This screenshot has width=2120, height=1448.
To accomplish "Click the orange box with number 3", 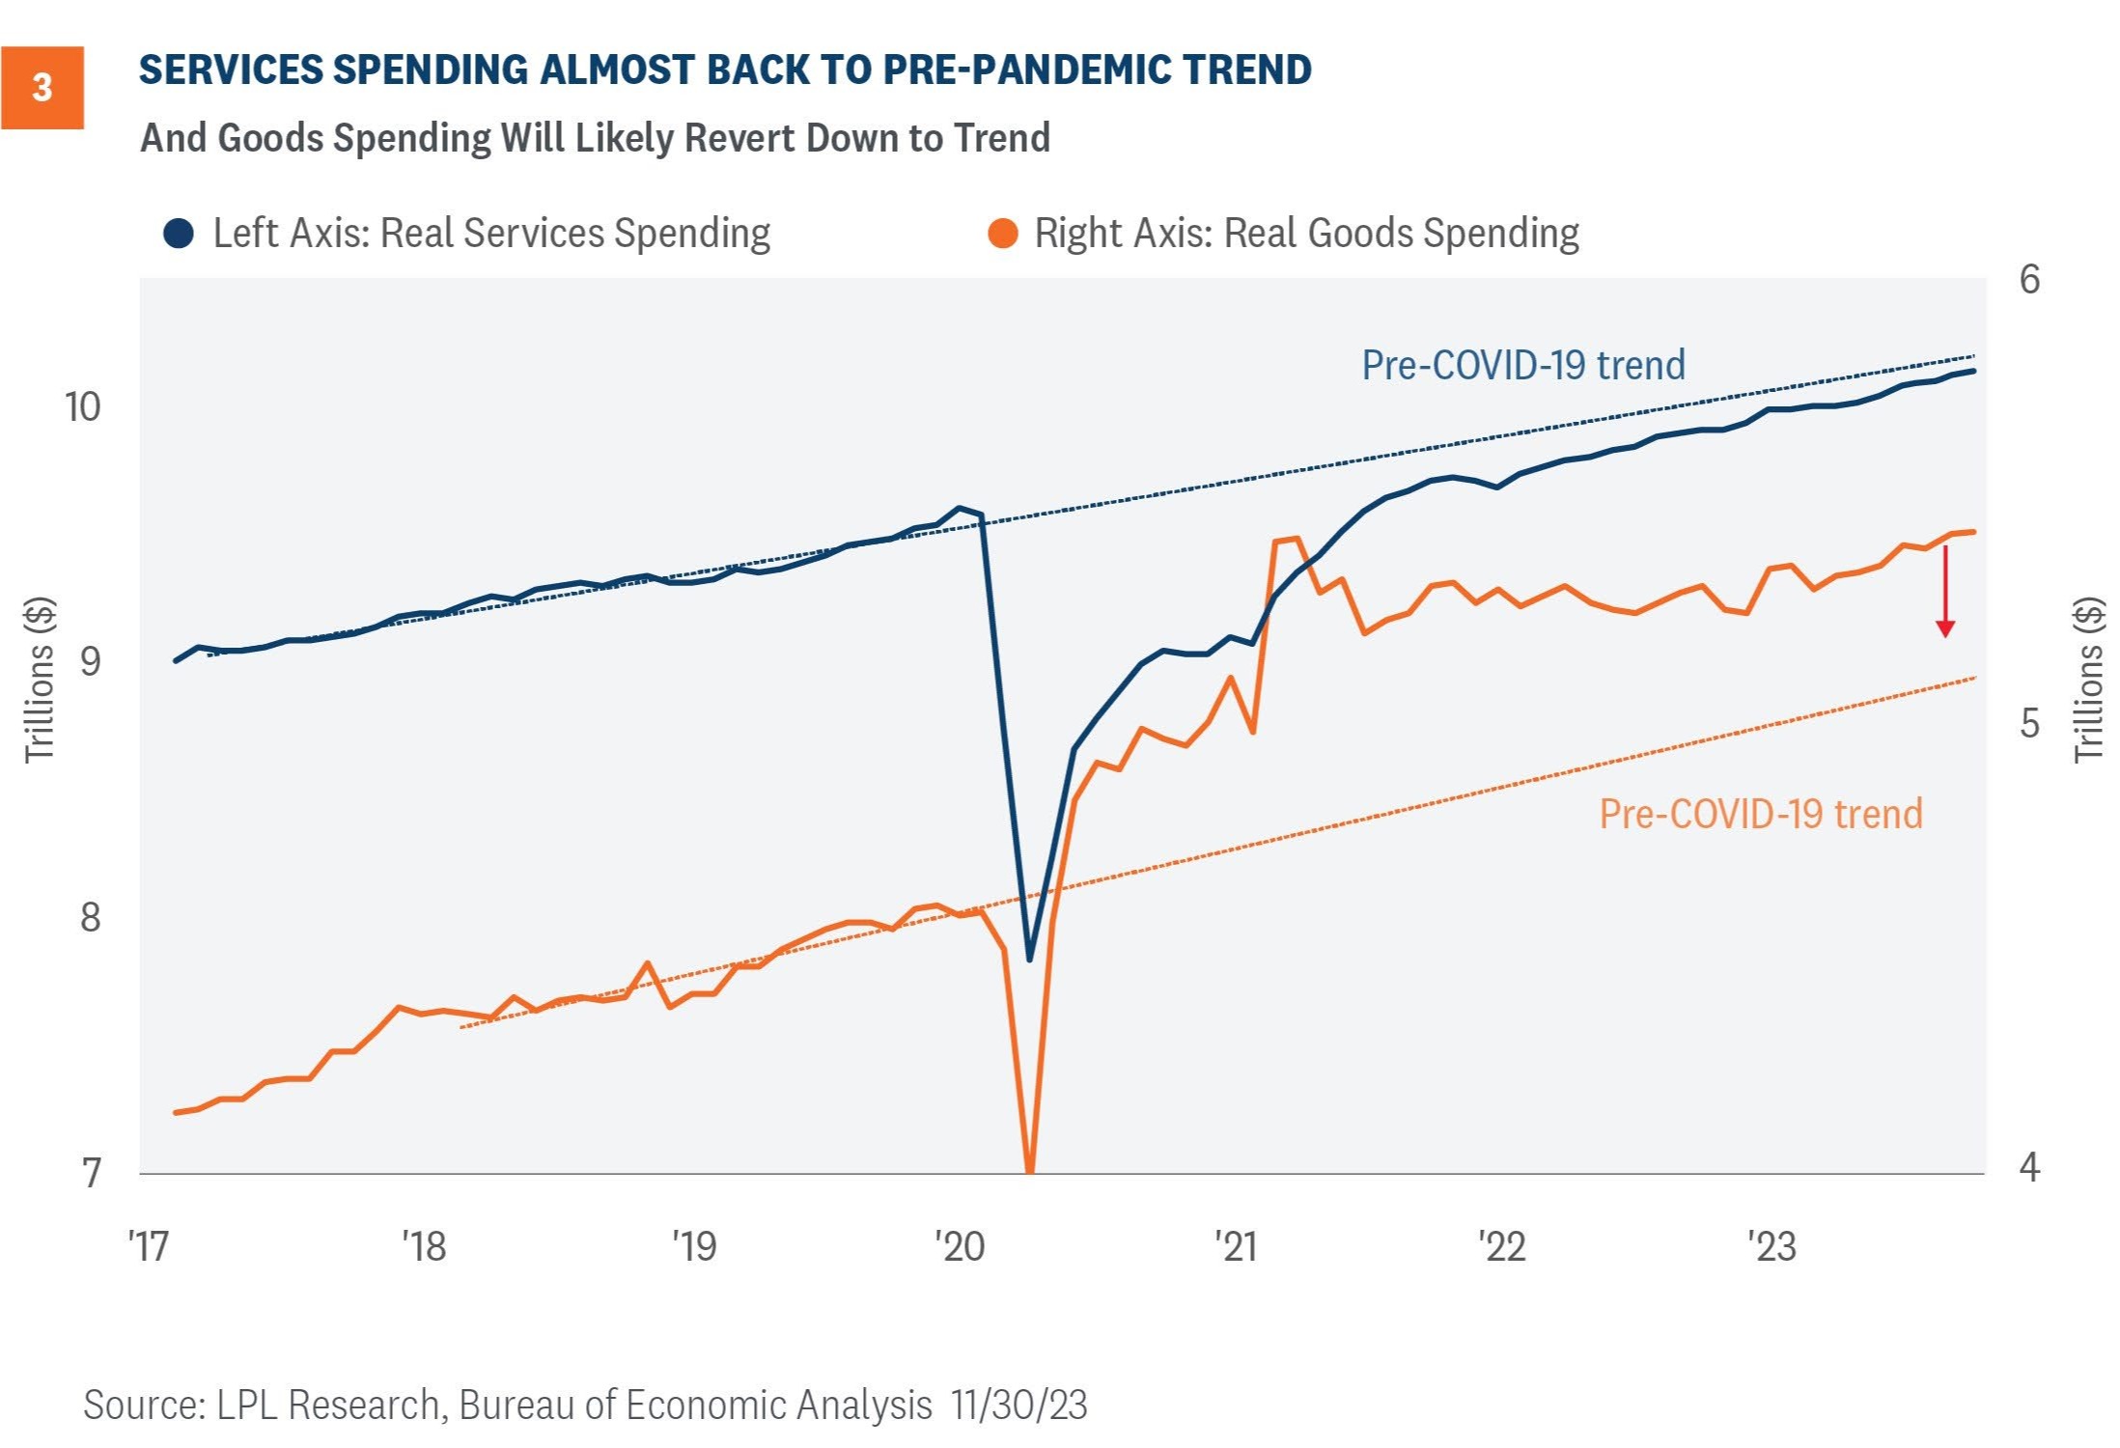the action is click(x=42, y=88).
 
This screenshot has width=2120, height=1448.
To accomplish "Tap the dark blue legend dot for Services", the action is click(x=179, y=234).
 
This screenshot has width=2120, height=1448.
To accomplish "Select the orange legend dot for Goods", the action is click(x=1003, y=234).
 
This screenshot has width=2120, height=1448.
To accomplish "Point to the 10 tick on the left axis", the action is click(x=82, y=407).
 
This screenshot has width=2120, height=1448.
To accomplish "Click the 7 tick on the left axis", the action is click(x=91, y=1173).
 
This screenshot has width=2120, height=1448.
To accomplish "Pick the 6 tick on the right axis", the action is click(x=2029, y=280).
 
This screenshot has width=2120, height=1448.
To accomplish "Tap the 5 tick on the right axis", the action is click(x=2029, y=723).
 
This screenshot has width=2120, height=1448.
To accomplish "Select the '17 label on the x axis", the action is click(x=149, y=1246).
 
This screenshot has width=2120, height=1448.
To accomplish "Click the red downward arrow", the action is click(x=1945, y=592).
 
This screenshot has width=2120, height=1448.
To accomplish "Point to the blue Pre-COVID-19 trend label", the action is click(x=1523, y=365).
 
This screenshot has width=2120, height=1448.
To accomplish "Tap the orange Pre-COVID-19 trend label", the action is click(x=1761, y=814).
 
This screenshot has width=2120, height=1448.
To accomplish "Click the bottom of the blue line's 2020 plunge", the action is click(x=1029, y=960).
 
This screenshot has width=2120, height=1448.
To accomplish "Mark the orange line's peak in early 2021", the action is click(x=1296, y=539).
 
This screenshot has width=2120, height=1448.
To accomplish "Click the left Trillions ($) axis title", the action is click(x=40, y=681).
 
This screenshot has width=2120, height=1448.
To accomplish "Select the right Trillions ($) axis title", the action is click(x=2088, y=681).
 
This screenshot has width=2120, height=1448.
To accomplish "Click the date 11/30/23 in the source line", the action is click(x=1018, y=1405).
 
